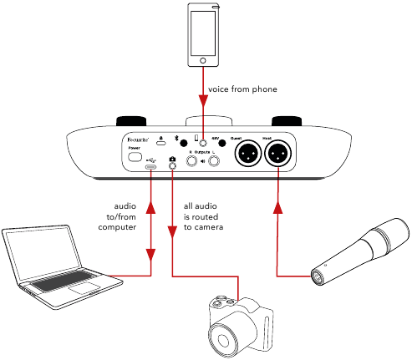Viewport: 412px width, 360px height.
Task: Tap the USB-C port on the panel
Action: [x=150, y=166]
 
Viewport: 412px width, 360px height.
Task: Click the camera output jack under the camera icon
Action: [x=172, y=166]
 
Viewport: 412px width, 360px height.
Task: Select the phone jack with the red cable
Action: [x=202, y=144]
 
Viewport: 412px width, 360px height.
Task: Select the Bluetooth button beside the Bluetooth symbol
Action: [x=183, y=144]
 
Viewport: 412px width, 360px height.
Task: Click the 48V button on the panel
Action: [x=223, y=144]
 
